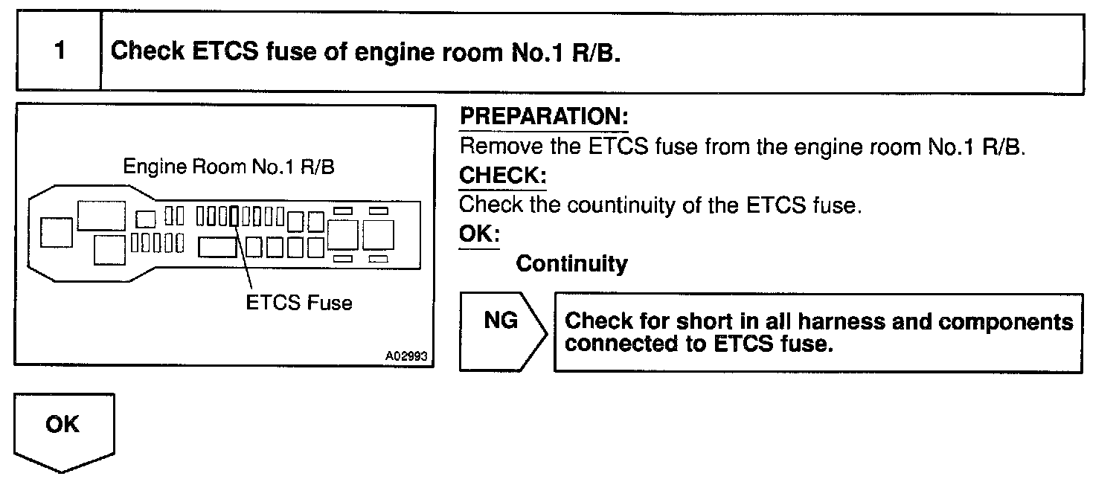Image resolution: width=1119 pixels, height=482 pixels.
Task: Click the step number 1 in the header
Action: click(x=59, y=51)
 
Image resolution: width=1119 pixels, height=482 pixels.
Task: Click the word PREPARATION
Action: click(x=544, y=117)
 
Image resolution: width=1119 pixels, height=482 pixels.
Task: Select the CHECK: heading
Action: click(x=502, y=176)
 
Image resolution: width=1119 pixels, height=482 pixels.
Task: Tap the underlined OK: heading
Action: click(x=479, y=234)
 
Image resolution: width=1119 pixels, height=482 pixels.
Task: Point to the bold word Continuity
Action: click(x=571, y=263)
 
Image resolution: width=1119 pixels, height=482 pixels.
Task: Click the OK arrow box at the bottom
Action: click(x=64, y=431)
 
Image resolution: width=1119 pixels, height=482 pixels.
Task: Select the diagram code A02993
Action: click(x=406, y=356)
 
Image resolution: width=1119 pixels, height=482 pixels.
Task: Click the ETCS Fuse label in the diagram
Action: click(x=299, y=303)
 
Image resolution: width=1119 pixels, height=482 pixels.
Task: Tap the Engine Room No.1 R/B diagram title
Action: click(x=228, y=167)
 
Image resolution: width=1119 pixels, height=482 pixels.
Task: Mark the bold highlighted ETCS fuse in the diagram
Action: click(x=234, y=216)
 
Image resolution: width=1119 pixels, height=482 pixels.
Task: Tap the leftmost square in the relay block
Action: click(x=57, y=232)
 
